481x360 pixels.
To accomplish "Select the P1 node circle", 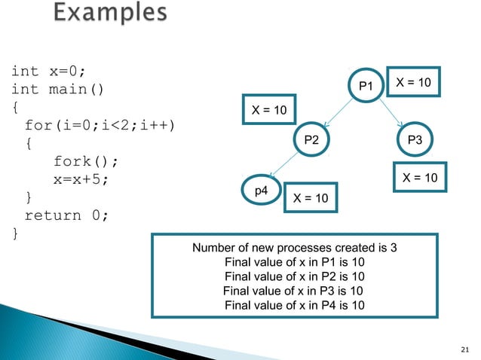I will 366,87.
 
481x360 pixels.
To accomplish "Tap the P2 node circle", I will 311,139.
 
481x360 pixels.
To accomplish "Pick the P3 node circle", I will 415,139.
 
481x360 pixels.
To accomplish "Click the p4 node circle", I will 260,191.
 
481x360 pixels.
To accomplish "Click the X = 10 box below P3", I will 421,178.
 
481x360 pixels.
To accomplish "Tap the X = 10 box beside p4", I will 310,198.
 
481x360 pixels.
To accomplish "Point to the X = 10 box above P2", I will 268,111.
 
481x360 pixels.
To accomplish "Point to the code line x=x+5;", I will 84,180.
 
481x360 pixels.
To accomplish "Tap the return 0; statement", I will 67,215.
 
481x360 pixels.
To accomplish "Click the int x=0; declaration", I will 48,72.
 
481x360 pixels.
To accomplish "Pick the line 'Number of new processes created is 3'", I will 295,249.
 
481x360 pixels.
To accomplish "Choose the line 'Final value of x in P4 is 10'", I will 295,305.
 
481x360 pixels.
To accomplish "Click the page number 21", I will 464,347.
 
